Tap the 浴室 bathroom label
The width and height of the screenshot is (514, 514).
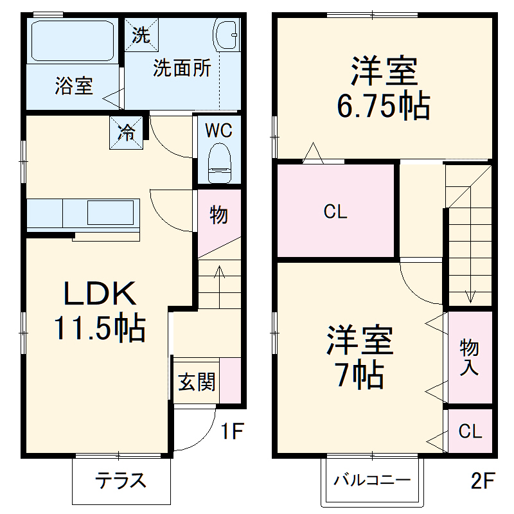pyautogui.click(x=74, y=86)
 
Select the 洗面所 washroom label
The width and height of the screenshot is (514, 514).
pyautogui.click(x=182, y=69)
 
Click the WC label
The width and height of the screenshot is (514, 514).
pyautogui.click(x=218, y=130)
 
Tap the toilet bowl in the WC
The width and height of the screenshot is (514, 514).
pyautogui.click(x=219, y=160)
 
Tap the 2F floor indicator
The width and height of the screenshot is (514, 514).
pyautogui.click(x=482, y=479)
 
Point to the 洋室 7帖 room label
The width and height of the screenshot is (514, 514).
pyautogui.click(x=359, y=357)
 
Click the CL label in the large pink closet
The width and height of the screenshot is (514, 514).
pyautogui.click(x=335, y=213)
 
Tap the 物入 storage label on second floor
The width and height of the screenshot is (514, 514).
pyautogui.click(x=470, y=358)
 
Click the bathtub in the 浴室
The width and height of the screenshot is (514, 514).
pyautogui.click(x=72, y=42)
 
